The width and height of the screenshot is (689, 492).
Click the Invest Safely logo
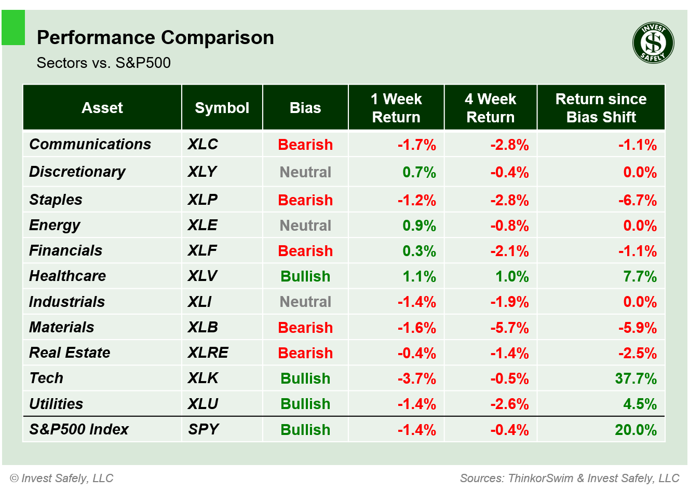click(653, 43)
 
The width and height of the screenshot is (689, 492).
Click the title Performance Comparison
click(155, 38)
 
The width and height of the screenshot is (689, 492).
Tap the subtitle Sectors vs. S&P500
click(104, 63)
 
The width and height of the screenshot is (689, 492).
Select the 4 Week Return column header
click(490, 108)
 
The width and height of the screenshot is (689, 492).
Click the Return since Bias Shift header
click(601, 108)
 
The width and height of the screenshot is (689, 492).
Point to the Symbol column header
click(222, 108)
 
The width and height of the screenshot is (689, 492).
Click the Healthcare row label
click(67, 276)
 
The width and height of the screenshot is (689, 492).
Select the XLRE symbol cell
click(208, 353)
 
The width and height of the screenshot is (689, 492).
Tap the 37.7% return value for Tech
click(636, 378)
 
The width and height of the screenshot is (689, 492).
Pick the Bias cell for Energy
click(305, 226)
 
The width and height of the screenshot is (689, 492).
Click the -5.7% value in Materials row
click(509, 328)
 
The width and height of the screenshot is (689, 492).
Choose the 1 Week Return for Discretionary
click(419, 172)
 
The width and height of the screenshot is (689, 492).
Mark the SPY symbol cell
click(204, 429)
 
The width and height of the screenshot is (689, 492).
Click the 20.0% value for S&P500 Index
click(636, 430)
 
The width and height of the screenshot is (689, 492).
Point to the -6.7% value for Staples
click(637, 200)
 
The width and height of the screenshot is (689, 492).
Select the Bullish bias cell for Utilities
click(305, 404)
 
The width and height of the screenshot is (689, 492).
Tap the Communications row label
click(90, 144)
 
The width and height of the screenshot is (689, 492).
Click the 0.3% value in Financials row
click(419, 251)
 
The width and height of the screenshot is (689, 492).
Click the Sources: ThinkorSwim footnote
click(570, 478)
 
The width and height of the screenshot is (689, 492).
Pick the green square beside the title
click(13, 27)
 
